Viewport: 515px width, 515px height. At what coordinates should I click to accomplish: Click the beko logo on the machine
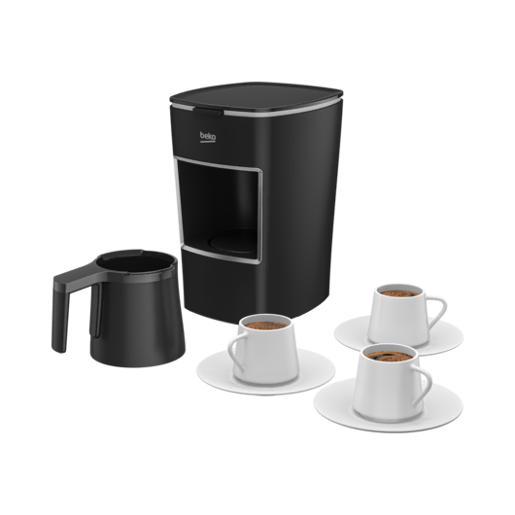[x=208, y=136]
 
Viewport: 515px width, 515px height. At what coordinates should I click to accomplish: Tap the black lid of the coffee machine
[x=257, y=96]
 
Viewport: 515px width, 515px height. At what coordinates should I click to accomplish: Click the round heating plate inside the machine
[x=233, y=242]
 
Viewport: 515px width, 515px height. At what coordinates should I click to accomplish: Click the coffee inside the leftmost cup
[x=265, y=325]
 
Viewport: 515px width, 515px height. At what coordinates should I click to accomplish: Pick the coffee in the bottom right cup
[x=390, y=356]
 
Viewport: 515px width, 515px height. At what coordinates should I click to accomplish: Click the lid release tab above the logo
[x=207, y=111]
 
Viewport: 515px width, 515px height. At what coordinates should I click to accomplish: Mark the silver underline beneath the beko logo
[x=208, y=142]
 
